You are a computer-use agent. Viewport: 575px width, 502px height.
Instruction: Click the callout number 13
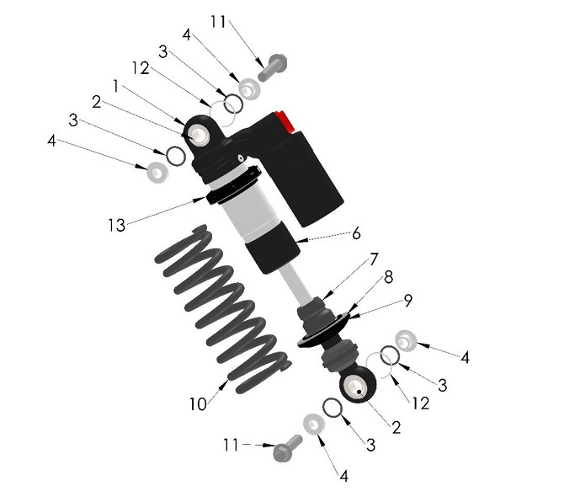(115, 225)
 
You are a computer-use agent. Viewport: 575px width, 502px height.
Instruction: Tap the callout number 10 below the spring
(197, 404)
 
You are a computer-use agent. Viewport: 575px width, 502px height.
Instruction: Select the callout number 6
(356, 233)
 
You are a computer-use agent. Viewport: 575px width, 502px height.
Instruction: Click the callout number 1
(116, 85)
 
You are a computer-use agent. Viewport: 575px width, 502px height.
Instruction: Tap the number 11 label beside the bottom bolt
(231, 444)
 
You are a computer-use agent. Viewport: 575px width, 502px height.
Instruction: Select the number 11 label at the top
(218, 22)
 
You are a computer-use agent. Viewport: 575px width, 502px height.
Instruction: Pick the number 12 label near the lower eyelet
(420, 403)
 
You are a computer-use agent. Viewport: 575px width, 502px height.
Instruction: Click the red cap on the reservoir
(285, 121)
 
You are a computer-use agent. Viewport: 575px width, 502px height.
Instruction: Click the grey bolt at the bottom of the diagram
(288, 447)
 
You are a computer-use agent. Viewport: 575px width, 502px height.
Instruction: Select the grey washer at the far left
(157, 173)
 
